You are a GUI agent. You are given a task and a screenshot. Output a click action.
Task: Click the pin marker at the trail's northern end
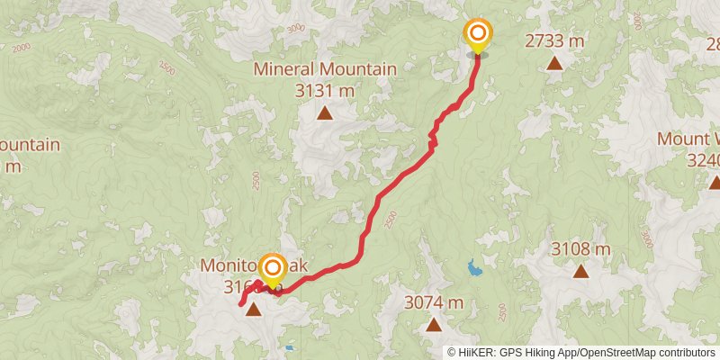tap(477, 36)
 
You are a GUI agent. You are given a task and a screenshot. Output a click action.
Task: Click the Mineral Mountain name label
tap(325, 69)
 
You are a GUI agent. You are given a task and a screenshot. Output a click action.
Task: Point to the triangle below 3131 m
tap(324, 112)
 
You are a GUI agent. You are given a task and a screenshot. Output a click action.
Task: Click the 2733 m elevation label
tap(554, 40)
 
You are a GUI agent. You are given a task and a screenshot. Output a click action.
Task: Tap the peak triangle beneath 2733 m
tap(554, 63)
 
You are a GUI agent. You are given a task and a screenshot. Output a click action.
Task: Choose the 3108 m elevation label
tap(580, 248)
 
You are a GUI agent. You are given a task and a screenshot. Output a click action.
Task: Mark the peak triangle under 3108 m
tap(580, 270)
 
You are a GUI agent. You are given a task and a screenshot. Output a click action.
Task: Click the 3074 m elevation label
tap(434, 302)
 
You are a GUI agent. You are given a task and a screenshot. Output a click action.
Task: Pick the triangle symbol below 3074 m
tap(434, 324)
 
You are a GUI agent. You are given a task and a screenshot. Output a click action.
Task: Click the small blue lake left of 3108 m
tap(472, 266)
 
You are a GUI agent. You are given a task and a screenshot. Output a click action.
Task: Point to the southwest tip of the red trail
tap(241, 305)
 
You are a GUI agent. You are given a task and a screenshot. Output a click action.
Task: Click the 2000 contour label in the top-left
tap(22, 47)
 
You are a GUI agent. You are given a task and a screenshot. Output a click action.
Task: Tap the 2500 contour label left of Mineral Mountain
tap(166, 67)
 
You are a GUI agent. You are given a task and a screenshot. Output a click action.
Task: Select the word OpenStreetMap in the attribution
tap(613, 352)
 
